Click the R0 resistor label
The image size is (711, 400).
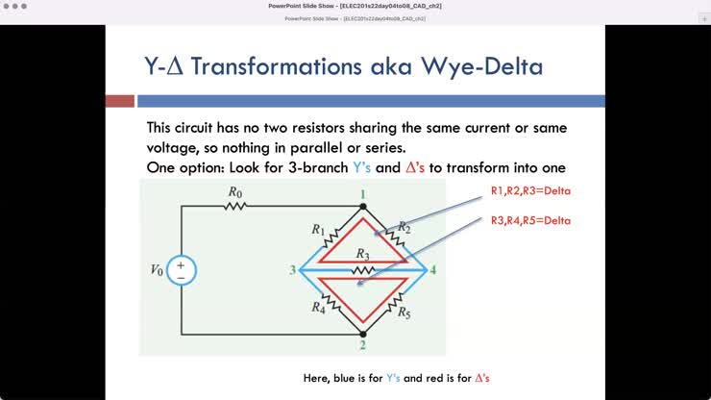235,192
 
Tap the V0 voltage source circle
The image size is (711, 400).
181,270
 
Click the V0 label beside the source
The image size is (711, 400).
157,270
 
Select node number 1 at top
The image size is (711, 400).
362,194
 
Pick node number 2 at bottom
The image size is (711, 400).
362,345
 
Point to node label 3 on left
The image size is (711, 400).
292,270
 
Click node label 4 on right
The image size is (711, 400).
433,270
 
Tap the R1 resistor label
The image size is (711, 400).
318,231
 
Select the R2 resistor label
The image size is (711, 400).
405,227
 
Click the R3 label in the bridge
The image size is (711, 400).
362,254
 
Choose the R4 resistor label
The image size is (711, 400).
317,308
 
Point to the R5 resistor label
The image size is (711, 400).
405,312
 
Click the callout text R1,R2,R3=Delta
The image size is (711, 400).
530,191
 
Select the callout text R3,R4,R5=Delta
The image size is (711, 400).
530,220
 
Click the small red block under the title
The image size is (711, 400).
119,101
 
